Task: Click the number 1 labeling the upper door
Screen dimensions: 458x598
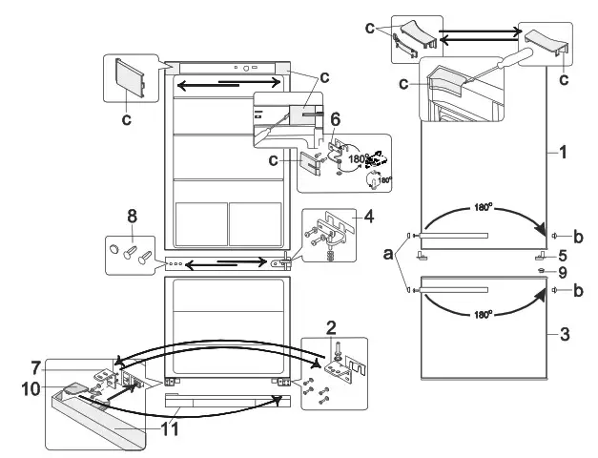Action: point(567,152)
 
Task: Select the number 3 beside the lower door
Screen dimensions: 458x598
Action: point(566,335)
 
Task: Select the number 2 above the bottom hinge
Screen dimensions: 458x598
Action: point(330,326)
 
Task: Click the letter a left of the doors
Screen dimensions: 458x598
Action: point(386,256)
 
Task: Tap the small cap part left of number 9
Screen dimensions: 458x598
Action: point(544,271)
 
